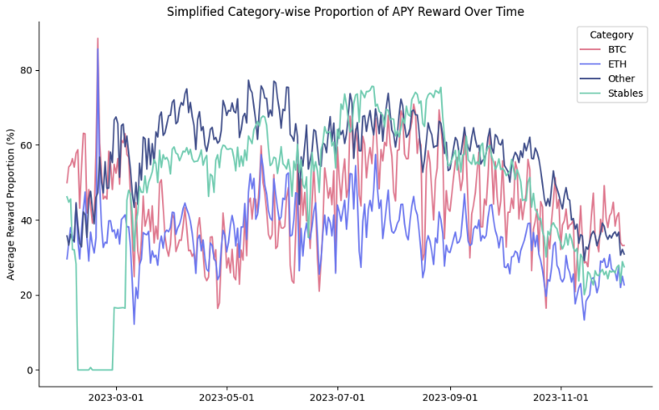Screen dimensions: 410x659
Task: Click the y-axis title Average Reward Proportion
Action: tap(12, 204)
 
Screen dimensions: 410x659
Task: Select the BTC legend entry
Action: tap(617, 50)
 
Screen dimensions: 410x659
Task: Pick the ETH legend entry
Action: tap(617, 64)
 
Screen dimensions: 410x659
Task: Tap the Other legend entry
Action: tap(621, 79)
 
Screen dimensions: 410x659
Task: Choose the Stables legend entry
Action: tap(626, 94)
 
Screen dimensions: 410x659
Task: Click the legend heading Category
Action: tap(611, 35)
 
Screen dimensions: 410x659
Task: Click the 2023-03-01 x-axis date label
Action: tap(115, 398)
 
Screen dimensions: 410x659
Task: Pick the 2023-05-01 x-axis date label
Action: tap(226, 398)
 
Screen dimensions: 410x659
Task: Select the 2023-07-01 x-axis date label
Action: tap(337, 398)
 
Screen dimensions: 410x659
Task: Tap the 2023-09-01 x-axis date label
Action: tap(450, 398)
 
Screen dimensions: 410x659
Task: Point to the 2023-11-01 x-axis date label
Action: tap(560, 398)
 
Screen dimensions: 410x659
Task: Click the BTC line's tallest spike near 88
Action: tap(98, 39)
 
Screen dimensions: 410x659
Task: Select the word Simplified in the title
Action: tap(195, 12)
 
